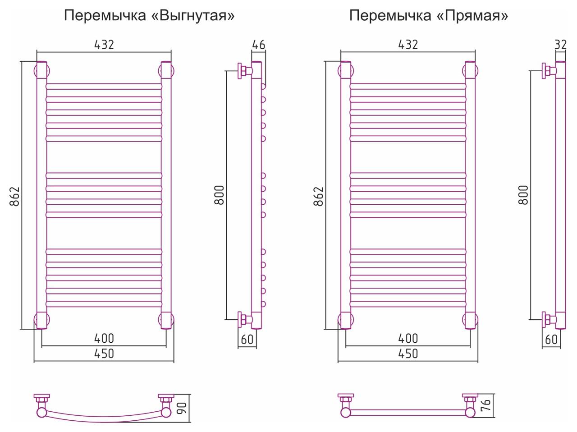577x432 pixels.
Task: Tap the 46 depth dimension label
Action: point(259,45)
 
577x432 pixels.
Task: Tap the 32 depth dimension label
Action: point(561,45)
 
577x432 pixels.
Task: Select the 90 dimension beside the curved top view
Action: point(183,408)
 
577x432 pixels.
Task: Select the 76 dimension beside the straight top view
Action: point(486,405)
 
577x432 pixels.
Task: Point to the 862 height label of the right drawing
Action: point(318,196)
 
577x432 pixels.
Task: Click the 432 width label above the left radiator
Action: point(104,45)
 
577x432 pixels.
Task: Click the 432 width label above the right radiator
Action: point(408,45)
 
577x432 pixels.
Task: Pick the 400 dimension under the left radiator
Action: point(104,338)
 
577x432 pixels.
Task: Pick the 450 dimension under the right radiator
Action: point(408,354)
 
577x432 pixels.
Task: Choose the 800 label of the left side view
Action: point(219,195)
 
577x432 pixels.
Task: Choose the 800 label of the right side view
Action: point(523,195)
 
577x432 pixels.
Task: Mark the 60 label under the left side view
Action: point(247,340)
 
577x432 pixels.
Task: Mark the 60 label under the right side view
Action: point(551,340)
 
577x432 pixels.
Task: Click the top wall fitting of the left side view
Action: point(245,71)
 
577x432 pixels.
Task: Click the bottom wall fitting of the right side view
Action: point(549,319)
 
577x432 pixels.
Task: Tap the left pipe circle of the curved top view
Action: point(42,412)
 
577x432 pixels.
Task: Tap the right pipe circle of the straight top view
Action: point(470,413)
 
